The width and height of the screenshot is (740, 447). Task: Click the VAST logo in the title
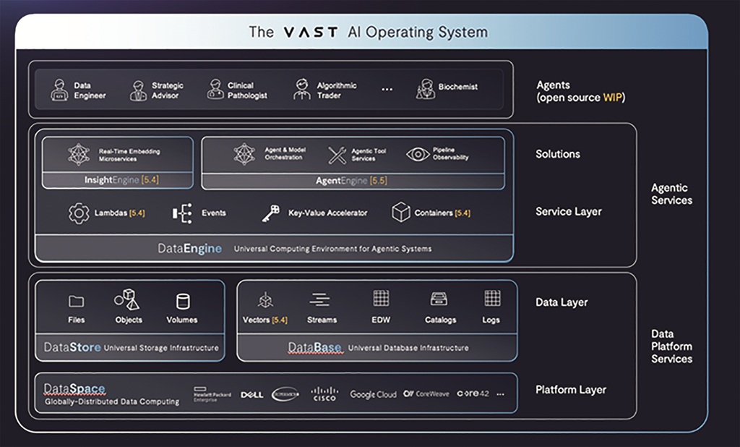[x=311, y=32]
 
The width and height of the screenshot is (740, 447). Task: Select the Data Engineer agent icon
[x=59, y=90]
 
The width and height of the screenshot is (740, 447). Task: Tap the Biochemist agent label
[x=457, y=87]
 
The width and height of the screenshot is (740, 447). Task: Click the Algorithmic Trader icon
[x=301, y=90]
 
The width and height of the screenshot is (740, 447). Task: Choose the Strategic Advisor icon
[x=137, y=90]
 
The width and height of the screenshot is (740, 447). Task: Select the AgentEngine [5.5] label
[x=352, y=180]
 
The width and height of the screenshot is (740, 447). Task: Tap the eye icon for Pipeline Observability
[x=418, y=153]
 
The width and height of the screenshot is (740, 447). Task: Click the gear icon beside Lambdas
[x=78, y=213]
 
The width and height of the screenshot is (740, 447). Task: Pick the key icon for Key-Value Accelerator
[x=270, y=213]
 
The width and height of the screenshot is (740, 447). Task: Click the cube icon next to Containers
[x=400, y=213]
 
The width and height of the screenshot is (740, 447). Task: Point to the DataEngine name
[x=190, y=248]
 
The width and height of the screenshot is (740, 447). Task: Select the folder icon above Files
[x=76, y=301]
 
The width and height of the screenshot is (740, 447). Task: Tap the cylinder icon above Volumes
[x=183, y=301]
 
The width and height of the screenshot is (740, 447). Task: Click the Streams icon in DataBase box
[x=320, y=299]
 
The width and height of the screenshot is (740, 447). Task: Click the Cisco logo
[x=324, y=394]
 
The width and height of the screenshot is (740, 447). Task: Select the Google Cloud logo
[x=373, y=394]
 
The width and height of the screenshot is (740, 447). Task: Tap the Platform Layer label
[x=570, y=390]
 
